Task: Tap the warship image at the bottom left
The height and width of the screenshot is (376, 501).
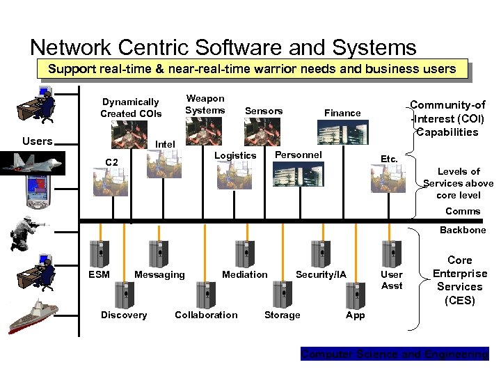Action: (x=34, y=316)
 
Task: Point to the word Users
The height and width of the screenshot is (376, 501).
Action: (x=37, y=141)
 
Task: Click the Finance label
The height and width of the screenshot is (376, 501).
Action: (x=342, y=113)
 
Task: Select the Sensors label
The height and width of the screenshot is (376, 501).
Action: (x=264, y=111)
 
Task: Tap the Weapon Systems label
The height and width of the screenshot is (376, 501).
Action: (x=205, y=104)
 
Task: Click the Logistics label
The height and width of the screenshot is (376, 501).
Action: (x=235, y=155)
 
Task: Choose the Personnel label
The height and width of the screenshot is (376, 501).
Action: (x=299, y=155)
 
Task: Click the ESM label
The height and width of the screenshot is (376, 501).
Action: (x=100, y=274)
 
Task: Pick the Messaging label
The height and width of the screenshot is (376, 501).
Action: (x=159, y=274)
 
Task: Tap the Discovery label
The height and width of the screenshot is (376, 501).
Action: (x=124, y=315)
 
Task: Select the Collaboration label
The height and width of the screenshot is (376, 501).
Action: (x=206, y=315)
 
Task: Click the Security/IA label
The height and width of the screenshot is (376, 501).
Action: (x=321, y=274)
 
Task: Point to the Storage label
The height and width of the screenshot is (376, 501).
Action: (x=283, y=315)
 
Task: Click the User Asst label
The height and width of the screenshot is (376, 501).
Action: (x=392, y=280)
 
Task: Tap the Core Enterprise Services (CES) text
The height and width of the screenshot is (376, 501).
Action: (x=459, y=280)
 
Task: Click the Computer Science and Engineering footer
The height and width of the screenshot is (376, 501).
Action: (x=395, y=354)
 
